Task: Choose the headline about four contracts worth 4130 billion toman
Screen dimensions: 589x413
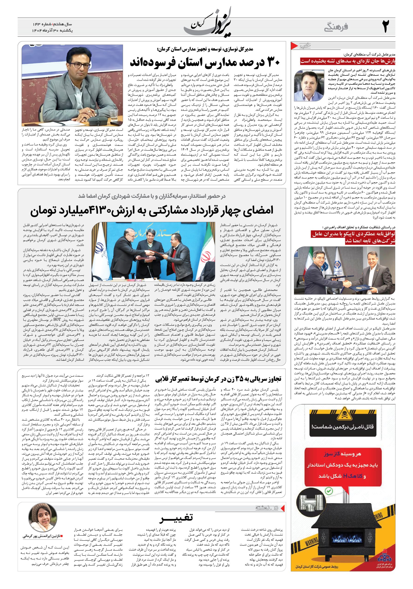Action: [152, 210]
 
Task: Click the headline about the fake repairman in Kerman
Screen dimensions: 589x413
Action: [218, 379]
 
